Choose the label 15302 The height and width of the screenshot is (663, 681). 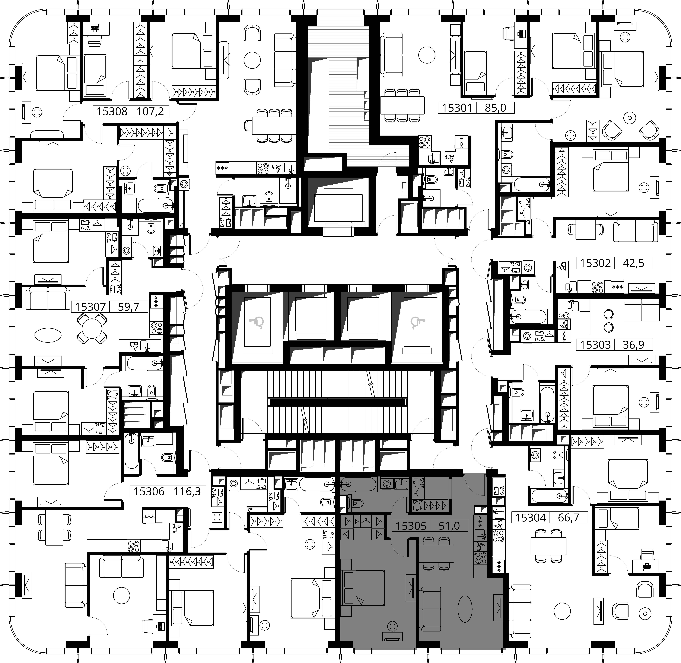point(595,263)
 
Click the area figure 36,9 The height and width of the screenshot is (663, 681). point(633,345)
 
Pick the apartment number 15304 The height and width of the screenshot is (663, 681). point(530,517)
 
